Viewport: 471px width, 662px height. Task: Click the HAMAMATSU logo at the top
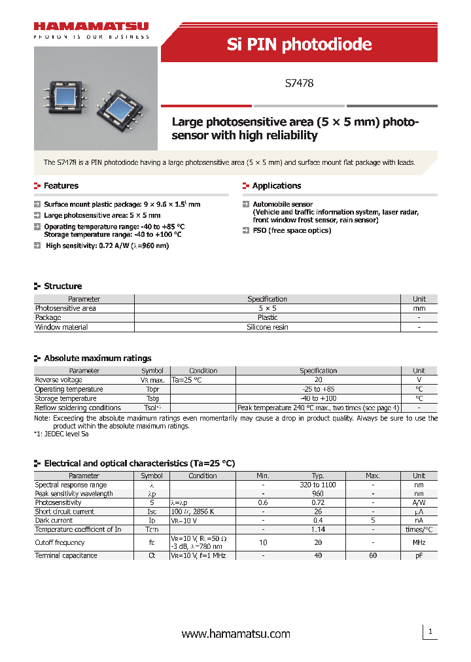(91, 27)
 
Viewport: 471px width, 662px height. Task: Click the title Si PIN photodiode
(299, 44)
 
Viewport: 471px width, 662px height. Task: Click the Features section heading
(61, 186)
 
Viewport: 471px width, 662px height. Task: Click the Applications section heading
(276, 186)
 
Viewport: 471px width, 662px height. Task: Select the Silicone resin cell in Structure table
(267, 327)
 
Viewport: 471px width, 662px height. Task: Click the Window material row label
(61, 327)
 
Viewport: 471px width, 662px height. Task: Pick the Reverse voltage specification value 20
(318, 380)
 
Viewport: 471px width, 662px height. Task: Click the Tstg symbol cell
(152, 398)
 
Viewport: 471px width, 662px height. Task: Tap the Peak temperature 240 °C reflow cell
(318, 408)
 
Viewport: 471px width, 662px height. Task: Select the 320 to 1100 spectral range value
(318, 485)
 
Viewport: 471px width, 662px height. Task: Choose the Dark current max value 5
(372, 521)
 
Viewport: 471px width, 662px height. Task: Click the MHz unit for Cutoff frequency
(419, 542)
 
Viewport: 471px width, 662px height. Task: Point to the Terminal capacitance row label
(66, 555)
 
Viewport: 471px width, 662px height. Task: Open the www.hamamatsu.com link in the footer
(235, 634)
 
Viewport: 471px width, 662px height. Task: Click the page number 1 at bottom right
(430, 632)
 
